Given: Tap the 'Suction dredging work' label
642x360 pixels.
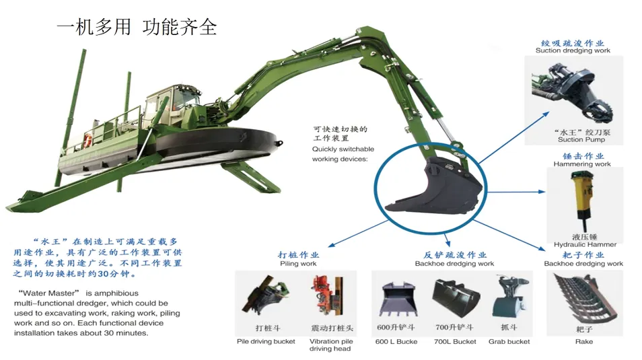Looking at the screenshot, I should point(573,50).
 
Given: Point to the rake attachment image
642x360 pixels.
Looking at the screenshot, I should point(583,297).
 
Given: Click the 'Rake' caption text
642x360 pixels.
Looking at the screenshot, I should point(583,342).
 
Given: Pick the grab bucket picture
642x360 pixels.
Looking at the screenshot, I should point(509,297).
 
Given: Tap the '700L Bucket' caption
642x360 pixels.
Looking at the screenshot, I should point(456,342).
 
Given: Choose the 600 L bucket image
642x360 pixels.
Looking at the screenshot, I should point(397,298).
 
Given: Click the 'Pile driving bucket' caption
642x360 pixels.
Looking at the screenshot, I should point(266,342).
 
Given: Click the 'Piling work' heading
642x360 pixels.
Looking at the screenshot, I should point(298,264).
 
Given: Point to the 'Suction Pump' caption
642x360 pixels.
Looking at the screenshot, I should point(581,140).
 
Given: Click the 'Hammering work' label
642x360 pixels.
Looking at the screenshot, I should point(582,164).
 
